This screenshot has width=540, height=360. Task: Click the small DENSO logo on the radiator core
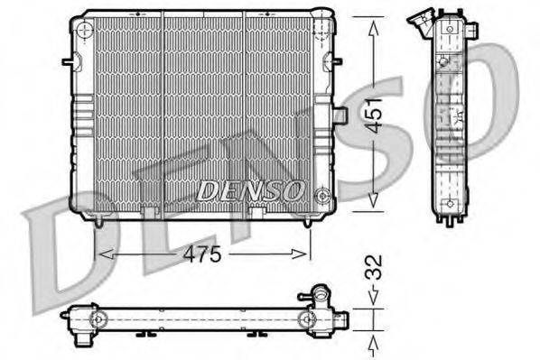(250, 190)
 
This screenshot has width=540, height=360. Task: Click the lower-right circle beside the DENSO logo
(321, 192)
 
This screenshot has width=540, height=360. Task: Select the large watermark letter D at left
(54, 244)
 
